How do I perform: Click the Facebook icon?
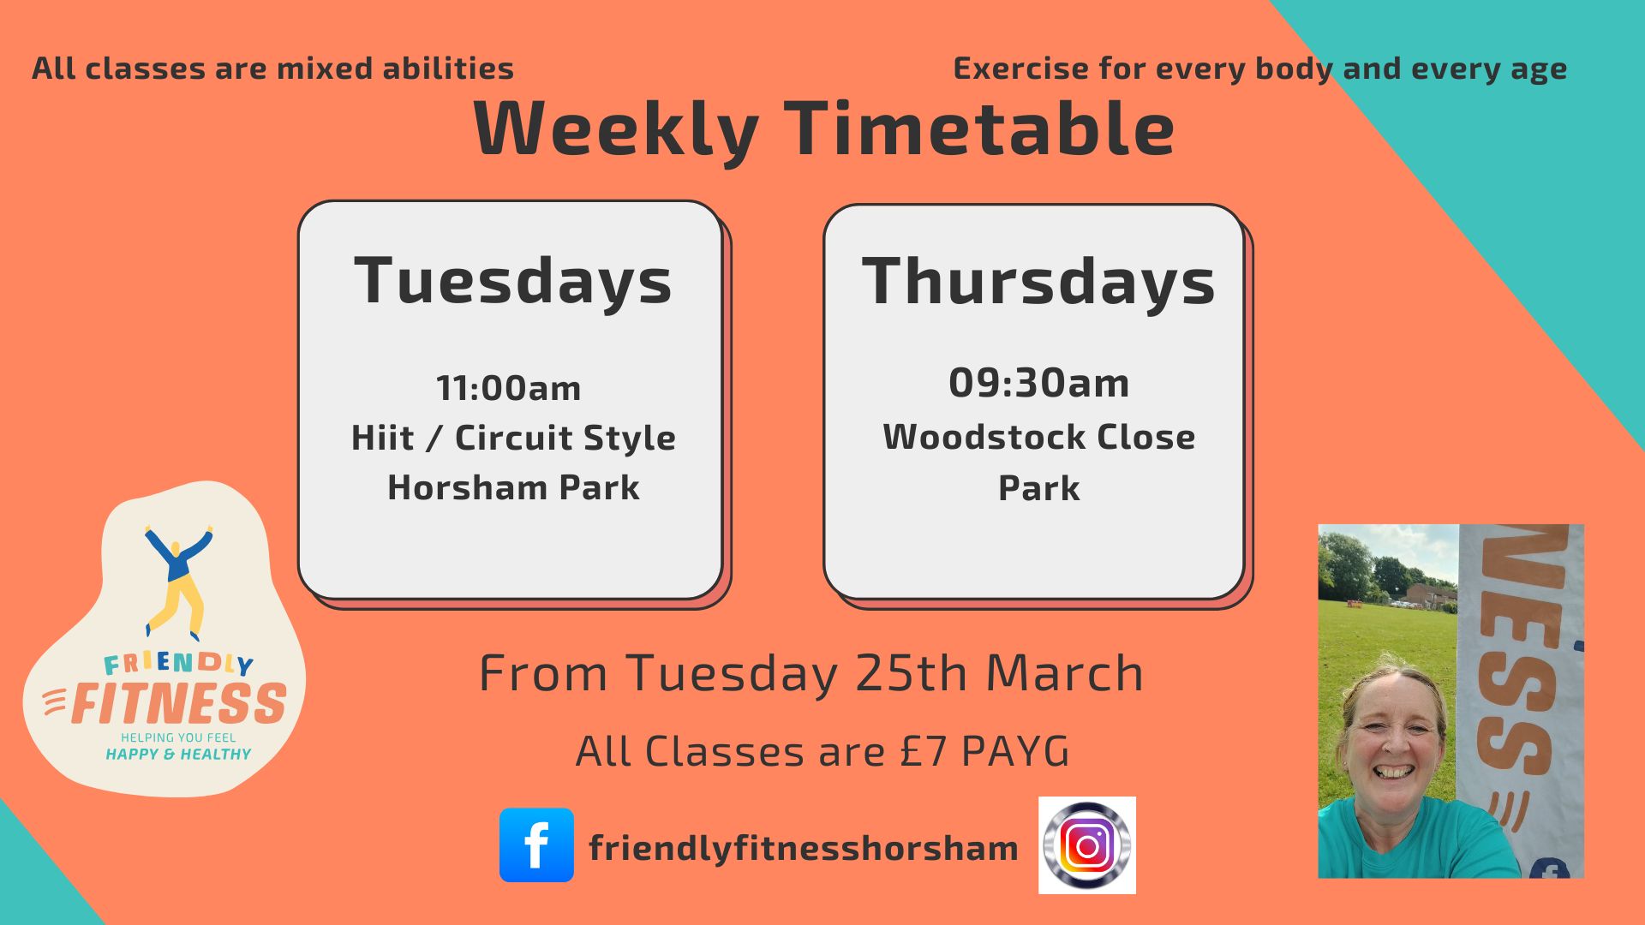(x=536, y=844)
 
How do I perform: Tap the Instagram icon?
(x=1087, y=845)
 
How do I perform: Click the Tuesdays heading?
(x=513, y=281)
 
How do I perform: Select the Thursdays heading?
(x=1038, y=281)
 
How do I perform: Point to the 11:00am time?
(x=509, y=388)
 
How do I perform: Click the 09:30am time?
(x=1038, y=383)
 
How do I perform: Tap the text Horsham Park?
(x=513, y=487)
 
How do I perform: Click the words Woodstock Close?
(x=1038, y=437)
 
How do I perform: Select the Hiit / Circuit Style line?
(x=513, y=438)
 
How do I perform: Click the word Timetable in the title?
(x=979, y=128)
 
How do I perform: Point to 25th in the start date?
(x=913, y=673)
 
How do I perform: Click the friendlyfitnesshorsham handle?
(x=804, y=848)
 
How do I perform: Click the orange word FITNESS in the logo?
(x=179, y=703)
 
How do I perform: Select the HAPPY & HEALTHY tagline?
(x=178, y=755)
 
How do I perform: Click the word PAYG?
(x=1016, y=751)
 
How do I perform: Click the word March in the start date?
(x=1064, y=673)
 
